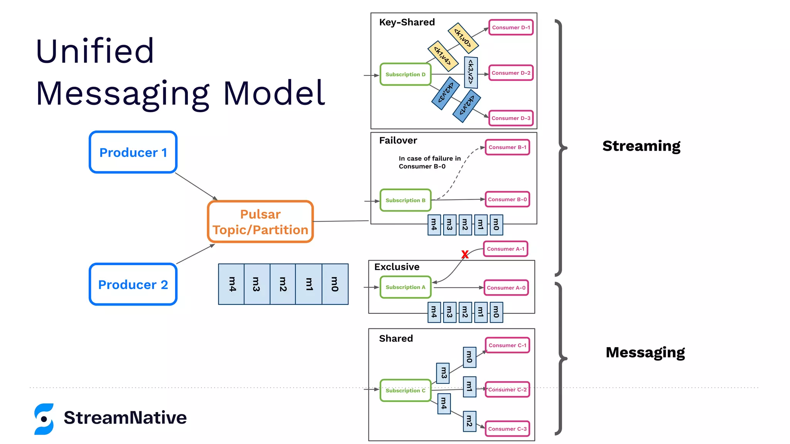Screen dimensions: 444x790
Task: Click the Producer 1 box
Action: click(x=133, y=152)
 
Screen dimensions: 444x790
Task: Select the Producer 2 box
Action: click(x=133, y=284)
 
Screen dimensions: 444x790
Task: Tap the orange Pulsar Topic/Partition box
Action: click(x=260, y=222)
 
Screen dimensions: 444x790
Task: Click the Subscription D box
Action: click(x=405, y=74)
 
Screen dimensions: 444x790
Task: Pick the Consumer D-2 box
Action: click(x=511, y=73)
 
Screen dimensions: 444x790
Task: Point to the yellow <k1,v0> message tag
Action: click(x=463, y=38)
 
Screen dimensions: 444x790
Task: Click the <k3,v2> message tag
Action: click(x=471, y=72)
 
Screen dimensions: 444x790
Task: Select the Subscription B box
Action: click(x=405, y=200)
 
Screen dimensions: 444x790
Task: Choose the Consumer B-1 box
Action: click(x=507, y=147)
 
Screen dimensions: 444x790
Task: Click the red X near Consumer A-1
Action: click(x=465, y=254)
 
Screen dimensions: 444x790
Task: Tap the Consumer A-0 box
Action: click(x=506, y=288)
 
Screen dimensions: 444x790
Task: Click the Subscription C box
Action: click(x=405, y=390)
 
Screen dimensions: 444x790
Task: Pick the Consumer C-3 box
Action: click(x=507, y=429)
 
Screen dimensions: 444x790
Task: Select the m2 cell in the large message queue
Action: click(x=283, y=284)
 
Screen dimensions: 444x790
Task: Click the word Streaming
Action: click(x=641, y=146)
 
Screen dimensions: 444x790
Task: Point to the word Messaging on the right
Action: click(x=645, y=353)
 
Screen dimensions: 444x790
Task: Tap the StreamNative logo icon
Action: click(x=44, y=419)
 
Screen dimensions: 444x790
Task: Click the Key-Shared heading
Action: click(x=407, y=22)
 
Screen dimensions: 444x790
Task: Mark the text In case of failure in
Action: click(x=430, y=158)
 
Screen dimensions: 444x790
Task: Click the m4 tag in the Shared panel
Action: click(x=444, y=404)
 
